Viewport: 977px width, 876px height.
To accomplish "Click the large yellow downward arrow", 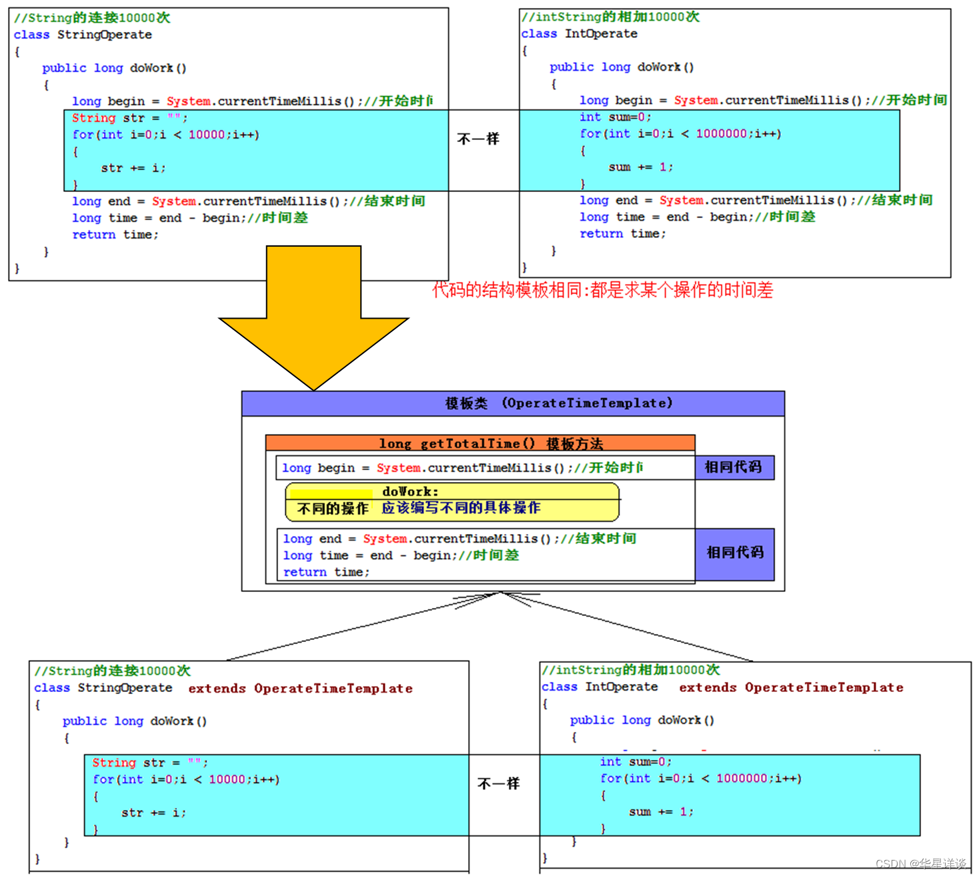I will pyautogui.click(x=313, y=313).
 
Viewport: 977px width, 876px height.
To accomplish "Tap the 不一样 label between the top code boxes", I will pyautogui.click(x=478, y=139).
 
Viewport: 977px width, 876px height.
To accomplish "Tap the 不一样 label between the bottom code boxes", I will pyautogui.click(x=498, y=783).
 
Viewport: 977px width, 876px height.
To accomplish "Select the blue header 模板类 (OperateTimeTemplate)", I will pyautogui.click(x=559, y=403).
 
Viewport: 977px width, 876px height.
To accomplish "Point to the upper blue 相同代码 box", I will pyautogui.click(x=733, y=467).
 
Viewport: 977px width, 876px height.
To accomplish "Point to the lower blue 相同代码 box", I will pyautogui.click(x=735, y=552).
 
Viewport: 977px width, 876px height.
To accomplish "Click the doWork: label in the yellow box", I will pyautogui.click(x=410, y=491).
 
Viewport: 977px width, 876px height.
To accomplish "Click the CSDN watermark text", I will pyautogui.click(x=921, y=864).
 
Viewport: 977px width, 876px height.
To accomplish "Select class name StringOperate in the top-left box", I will pyautogui.click(x=105, y=35).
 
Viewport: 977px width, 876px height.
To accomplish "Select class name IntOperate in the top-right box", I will pyautogui.click(x=601, y=33).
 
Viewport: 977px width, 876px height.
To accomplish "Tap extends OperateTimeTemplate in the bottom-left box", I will pyautogui.click(x=300, y=689).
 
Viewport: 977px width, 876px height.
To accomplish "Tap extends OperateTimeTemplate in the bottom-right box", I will pyautogui.click(x=791, y=687).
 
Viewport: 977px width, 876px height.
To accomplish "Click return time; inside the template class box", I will pyautogui.click(x=326, y=572).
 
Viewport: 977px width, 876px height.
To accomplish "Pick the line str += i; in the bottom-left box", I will pyautogui.click(x=153, y=813).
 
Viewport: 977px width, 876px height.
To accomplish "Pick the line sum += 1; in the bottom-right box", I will pyautogui.click(x=661, y=811).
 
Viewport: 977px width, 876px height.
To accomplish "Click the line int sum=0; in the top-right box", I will pyautogui.click(x=615, y=117).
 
